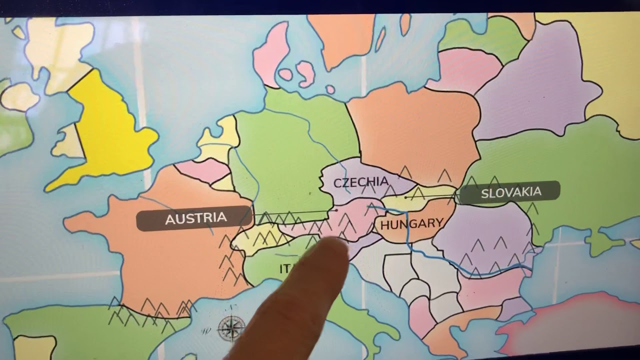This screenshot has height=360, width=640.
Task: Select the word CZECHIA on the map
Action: coord(360,182)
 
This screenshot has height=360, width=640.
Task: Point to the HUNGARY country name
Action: coord(411,224)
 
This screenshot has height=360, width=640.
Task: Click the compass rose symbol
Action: coord(231,328)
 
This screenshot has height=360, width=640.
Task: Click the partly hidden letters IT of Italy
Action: coord(285,269)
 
